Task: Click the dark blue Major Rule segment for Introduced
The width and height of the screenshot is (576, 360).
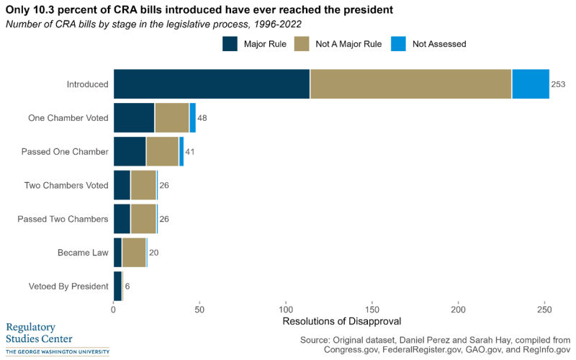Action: (212, 84)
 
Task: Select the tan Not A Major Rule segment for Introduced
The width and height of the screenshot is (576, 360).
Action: (410, 84)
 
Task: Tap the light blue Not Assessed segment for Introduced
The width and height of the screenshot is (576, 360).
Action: (531, 84)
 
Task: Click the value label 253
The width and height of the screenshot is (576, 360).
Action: (559, 84)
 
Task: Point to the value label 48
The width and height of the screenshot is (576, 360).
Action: (202, 117)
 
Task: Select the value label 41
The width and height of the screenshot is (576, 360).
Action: (191, 151)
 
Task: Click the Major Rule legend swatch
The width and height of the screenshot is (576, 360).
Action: (230, 44)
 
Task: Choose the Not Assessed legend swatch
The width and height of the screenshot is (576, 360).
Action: (399, 44)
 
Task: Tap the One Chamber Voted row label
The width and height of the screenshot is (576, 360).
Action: (68, 117)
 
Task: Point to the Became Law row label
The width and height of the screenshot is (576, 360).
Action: (83, 252)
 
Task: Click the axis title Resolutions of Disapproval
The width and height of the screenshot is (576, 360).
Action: (341, 320)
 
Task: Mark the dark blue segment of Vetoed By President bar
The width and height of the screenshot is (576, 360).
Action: (117, 286)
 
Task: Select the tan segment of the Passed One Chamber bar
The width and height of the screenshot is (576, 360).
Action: (162, 151)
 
